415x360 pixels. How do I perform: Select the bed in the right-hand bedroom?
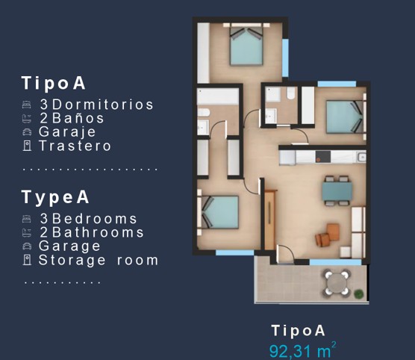coord(343,117)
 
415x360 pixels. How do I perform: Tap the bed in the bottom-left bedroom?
coord(219,212)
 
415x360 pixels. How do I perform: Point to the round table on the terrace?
coord(337,282)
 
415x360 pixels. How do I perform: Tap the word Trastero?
coord(75,146)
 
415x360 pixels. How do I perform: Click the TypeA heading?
coord(56,197)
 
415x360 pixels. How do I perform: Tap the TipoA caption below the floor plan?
coord(299,330)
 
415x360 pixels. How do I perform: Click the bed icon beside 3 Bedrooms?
coord(27,219)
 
